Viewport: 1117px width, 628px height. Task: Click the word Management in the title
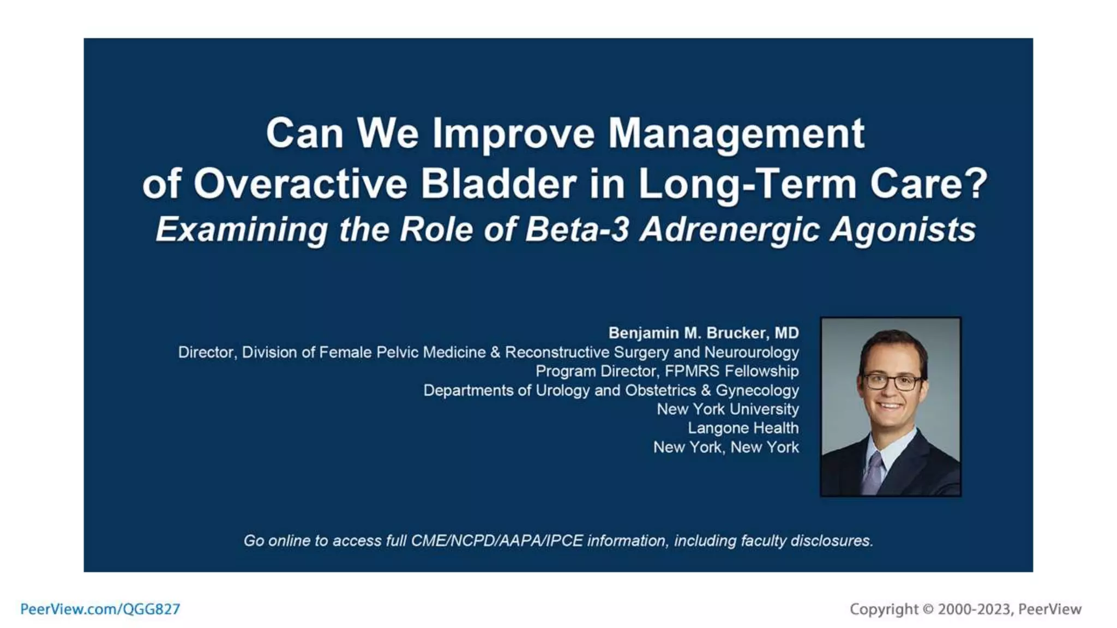point(736,134)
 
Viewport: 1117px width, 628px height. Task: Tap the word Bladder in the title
point(498,184)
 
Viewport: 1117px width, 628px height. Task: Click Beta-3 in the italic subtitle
point(577,230)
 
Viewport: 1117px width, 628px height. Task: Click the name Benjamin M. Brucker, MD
point(703,333)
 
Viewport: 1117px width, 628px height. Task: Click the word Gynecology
point(756,390)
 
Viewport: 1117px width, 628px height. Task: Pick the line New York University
point(727,409)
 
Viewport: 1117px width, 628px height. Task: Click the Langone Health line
point(743,428)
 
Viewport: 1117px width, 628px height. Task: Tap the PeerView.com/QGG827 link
point(100,609)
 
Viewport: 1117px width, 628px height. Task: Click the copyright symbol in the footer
point(928,609)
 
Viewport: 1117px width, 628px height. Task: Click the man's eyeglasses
point(891,381)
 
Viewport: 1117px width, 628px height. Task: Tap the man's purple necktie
point(873,473)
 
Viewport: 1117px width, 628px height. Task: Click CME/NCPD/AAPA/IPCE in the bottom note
point(496,541)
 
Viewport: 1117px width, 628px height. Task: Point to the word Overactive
point(300,184)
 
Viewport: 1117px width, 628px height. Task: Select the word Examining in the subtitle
point(242,230)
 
